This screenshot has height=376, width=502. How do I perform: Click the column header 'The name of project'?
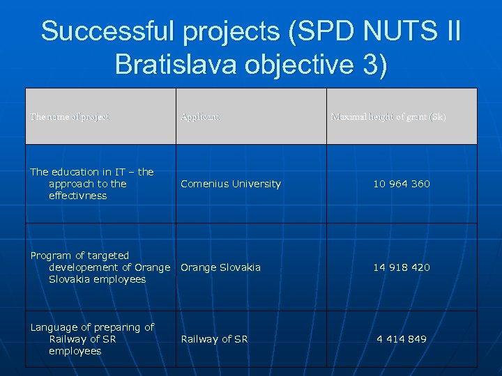[x=70, y=117]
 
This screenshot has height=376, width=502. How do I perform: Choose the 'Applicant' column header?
[x=199, y=117]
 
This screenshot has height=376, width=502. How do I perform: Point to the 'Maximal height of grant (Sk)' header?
[x=388, y=117]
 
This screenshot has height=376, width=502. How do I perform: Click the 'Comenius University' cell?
[x=231, y=184]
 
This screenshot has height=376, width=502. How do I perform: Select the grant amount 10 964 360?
[x=402, y=184]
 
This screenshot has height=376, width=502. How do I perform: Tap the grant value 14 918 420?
[x=402, y=267]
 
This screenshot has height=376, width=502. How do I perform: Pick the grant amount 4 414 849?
[x=402, y=339]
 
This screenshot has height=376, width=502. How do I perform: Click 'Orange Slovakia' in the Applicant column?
[x=221, y=267]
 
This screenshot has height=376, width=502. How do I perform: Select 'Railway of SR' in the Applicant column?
[x=214, y=339]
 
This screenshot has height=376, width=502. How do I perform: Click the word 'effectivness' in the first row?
[x=78, y=196]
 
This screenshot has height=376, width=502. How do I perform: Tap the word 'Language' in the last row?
[x=54, y=327]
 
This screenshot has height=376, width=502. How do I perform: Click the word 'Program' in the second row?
[x=50, y=256]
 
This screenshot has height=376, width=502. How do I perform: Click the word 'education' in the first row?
[x=75, y=172]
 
